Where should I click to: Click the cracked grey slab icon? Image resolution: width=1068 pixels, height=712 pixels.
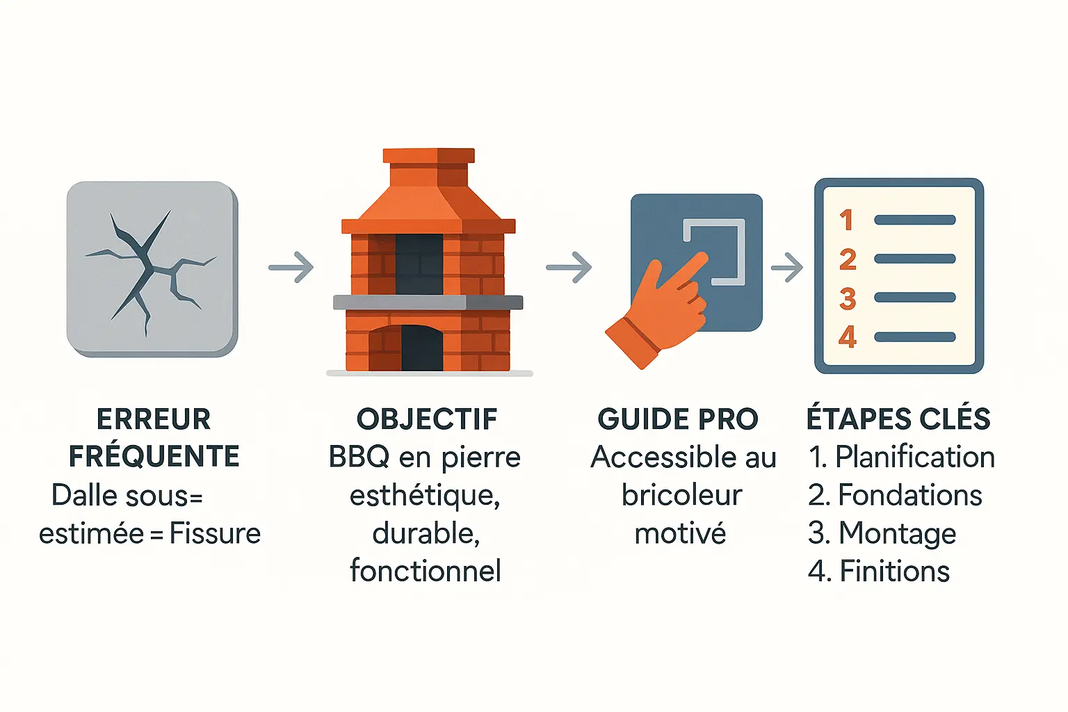point(152,269)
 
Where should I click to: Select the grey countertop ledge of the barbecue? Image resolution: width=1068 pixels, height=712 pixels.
point(428,302)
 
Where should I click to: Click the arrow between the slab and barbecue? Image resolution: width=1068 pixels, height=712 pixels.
point(291,267)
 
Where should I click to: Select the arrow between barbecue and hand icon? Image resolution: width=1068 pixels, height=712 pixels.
point(569,267)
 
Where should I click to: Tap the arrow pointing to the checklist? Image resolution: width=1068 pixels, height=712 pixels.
point(786,267)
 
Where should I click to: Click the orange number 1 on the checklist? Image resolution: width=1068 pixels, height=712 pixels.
point(846,220)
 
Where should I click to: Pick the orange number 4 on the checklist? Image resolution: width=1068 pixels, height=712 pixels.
point(848,337)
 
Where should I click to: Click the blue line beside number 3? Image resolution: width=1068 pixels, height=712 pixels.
point(915,298)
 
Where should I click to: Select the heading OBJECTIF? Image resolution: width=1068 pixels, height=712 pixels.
point(427,419)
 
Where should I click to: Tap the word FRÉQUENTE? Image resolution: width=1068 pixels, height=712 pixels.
point(154,456)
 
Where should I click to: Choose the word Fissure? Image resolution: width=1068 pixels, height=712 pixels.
point(215,533)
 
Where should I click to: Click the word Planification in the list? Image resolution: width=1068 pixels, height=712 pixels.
point(915,457)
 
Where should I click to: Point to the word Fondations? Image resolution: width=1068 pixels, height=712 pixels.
point(909,494)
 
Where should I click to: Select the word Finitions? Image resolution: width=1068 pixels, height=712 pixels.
point(894,571)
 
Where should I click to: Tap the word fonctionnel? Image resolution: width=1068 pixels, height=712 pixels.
point(426,570)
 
